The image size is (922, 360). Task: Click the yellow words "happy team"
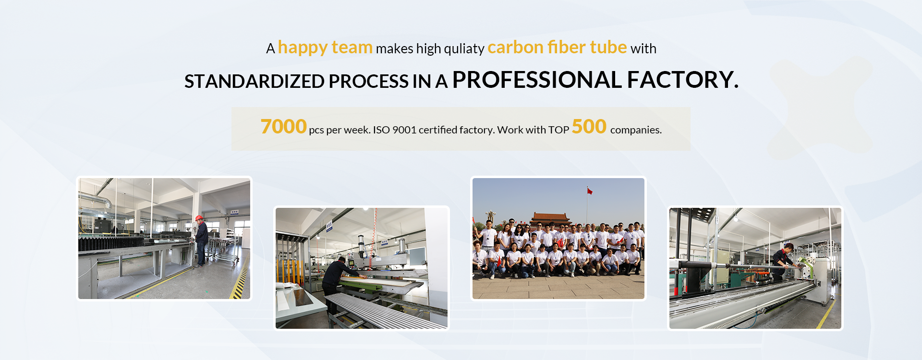(325, 48)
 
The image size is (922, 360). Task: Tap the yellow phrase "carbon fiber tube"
(557, 48)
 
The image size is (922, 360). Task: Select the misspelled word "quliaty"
(464, 49)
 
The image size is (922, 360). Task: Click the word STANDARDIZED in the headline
(254, 82)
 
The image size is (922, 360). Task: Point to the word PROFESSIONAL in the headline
(537, 80)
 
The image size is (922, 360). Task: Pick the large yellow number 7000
(283, 127)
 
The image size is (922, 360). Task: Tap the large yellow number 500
(589, 127)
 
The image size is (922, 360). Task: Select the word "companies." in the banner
(636, 130)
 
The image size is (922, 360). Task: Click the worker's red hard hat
(199, 218)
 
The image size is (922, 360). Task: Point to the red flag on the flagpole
(590, 192)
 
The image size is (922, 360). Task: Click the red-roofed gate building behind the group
(550, 219)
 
